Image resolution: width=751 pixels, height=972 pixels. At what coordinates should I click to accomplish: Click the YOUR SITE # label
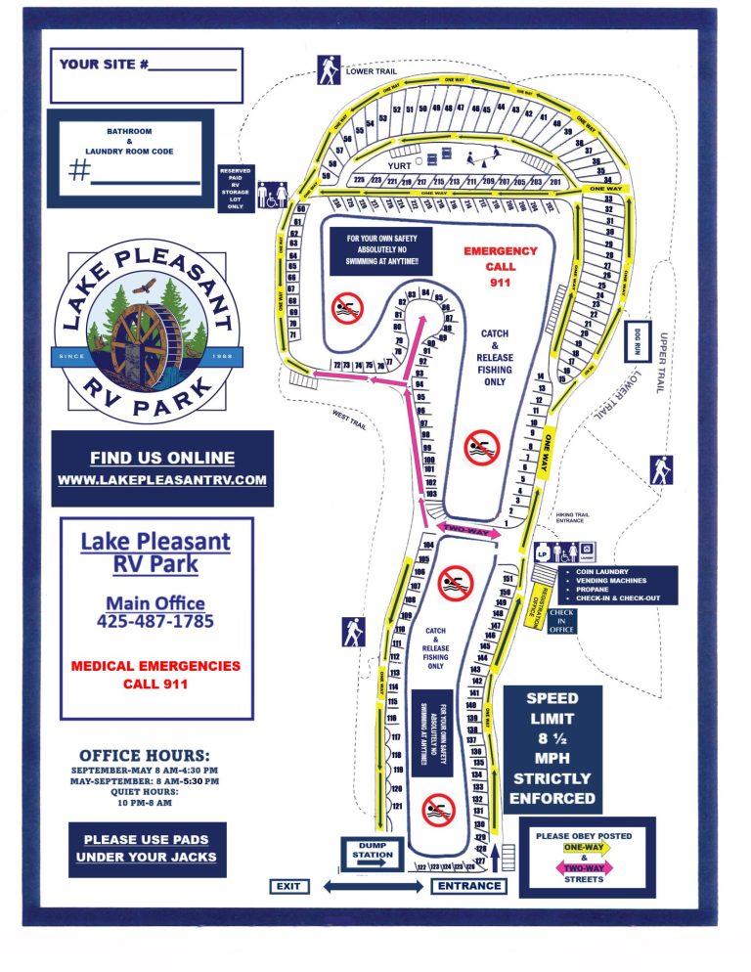tap(104, 65)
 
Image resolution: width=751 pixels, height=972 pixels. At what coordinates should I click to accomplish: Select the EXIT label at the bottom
tap(289, 887)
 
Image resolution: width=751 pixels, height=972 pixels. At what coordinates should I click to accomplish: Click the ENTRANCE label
tap(468, 886)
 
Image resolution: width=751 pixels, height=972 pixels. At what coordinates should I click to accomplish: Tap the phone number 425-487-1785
tap(155, 621)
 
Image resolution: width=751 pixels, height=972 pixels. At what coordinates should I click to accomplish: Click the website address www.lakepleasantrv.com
tap(162, 479)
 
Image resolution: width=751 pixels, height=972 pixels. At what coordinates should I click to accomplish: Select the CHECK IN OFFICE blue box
tap(561, 621)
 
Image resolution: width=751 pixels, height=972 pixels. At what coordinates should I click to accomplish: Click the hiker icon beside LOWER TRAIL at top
tap(327, 69)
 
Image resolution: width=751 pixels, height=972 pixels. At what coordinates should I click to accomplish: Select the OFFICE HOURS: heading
tap(144, 756)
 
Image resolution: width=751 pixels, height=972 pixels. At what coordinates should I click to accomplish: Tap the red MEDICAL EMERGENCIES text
tap(155, 666)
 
